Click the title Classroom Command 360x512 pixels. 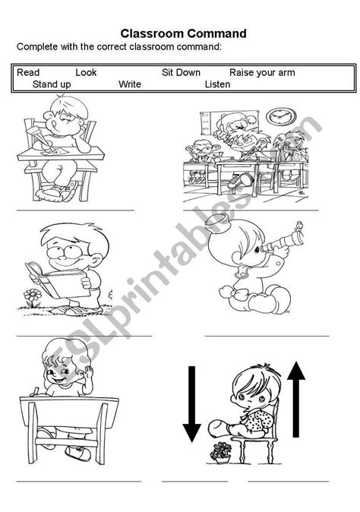click(x=183, y=33)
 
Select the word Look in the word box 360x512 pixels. click(x=87, y=73)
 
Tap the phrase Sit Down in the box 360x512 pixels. click(x=181, y=73)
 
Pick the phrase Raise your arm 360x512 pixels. click(x=262, y=73)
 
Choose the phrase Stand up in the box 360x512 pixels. click(x=52, y=84)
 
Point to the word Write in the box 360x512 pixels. click(x=130, y=84)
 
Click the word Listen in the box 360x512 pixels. click(x=217, y=84)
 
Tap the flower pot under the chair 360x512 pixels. click(x=222, y=454)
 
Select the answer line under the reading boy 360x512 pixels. click(x=84, y=335)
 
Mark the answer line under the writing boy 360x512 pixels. click(x=74, y=210)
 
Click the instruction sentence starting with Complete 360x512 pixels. click(x=119, y=47)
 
